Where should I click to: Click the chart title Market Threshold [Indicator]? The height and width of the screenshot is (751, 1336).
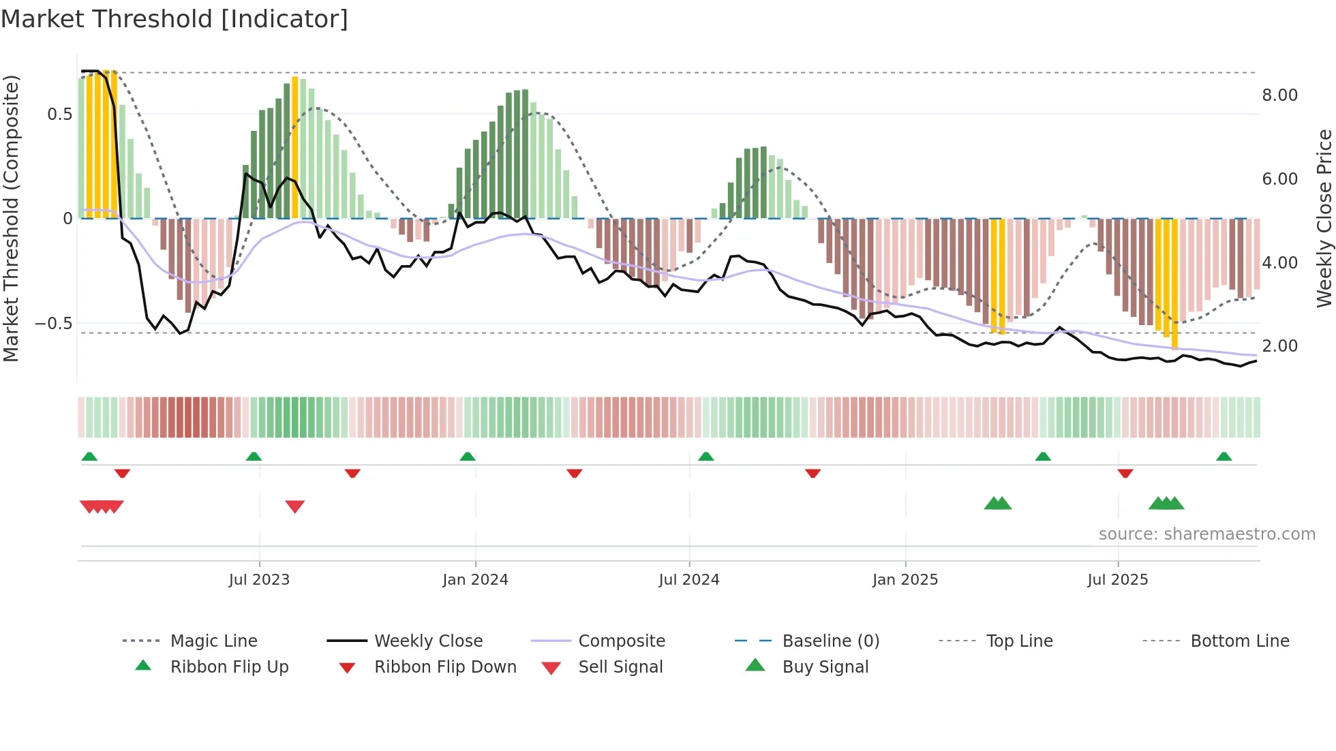click(x=174, y=19)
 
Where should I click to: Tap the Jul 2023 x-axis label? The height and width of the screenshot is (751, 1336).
click(x=259, y=580)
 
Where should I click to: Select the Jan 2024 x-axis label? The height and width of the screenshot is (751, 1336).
click(x=475, y=580)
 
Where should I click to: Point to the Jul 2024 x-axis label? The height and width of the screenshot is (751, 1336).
click(x=689, y=580)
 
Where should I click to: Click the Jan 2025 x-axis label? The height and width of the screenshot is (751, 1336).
click(x=905, y=580)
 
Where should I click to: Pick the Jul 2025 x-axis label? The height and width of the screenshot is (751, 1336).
click(x=1118, y=580)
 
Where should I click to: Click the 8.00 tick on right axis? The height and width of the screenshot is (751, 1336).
click(x=1279, y=95)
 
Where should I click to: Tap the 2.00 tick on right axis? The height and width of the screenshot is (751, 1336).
click(x=1279, y=346)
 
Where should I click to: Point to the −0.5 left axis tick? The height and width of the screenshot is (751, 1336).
click(x=53, y=324)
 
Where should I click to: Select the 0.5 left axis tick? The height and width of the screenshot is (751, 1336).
click(x=59, y=114)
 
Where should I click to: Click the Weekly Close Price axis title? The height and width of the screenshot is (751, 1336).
click(x=1324, y=218)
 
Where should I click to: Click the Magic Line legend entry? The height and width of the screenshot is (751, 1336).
click(x=213, y=641)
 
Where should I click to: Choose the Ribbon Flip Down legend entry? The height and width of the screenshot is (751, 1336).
click(x=445, y=667)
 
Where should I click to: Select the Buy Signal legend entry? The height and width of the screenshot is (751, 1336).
click(x=825, y=667)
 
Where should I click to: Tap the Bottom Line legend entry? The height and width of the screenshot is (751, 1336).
click(x=1239, y=641)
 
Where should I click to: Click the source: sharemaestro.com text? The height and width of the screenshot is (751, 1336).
click(x=1206, y=534)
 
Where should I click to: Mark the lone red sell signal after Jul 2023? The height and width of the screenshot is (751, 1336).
click(x=295, y=506)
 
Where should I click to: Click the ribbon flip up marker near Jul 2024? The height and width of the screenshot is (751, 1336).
click(x=706, y=457)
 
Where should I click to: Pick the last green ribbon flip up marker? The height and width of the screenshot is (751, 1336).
click(x=1224, y=457)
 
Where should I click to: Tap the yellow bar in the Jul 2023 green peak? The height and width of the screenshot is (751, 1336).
click(x=295, y=147)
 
